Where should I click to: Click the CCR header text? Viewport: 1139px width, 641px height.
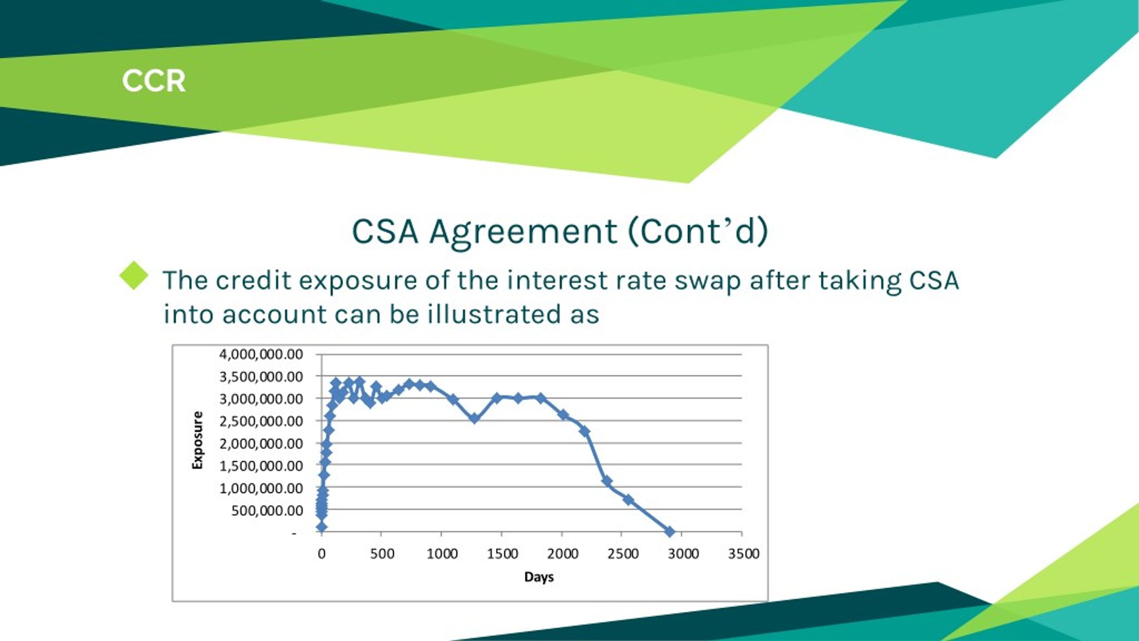click(153, 81)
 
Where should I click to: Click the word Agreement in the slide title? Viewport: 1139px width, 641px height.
click(523, 232)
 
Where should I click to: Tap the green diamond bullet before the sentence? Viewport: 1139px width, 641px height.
click(134, 276)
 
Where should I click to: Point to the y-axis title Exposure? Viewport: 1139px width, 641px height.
click(197, 440)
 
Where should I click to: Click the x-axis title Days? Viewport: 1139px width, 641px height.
click(539, 577)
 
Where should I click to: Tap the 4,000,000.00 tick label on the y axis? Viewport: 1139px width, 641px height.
click(261, 354)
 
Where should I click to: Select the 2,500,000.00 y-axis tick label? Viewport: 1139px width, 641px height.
click(261, 421)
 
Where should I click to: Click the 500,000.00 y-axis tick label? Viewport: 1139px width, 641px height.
click(267, 511)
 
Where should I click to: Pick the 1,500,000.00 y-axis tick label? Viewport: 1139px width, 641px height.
click(261, 466)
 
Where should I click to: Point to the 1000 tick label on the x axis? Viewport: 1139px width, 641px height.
click(442, 554)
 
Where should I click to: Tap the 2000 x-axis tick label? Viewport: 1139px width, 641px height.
click(562, 554)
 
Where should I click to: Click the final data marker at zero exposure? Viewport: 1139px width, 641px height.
click(670, 531)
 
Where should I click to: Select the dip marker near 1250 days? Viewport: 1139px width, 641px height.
click(474, 418)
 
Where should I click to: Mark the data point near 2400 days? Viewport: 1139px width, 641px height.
click(606, 481)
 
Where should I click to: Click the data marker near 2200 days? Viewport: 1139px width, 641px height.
click(585, 431)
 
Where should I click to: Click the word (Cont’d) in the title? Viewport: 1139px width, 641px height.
click(698, 232)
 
